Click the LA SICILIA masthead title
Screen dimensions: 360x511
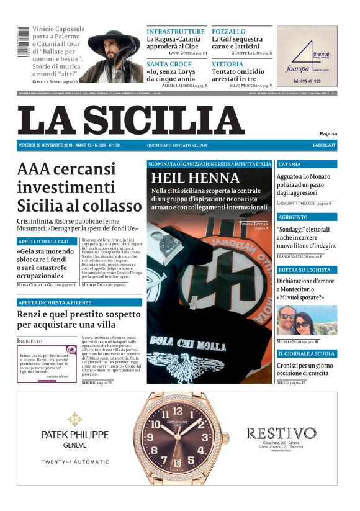[131, 120]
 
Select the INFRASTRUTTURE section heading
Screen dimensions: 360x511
[176, 31]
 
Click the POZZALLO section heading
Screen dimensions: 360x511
[228, 31]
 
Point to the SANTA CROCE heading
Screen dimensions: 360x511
[169, 64]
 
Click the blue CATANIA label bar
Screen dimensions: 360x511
[307, 165]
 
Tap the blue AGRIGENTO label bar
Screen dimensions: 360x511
[307, 217]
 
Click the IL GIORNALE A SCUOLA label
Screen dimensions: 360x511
[307, 353]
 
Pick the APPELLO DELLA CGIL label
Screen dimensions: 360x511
[47, 241]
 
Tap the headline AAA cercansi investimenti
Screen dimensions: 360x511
[79, 188]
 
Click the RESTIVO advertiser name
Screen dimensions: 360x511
[281, 433]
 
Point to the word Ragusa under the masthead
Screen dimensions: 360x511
[328, 133]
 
